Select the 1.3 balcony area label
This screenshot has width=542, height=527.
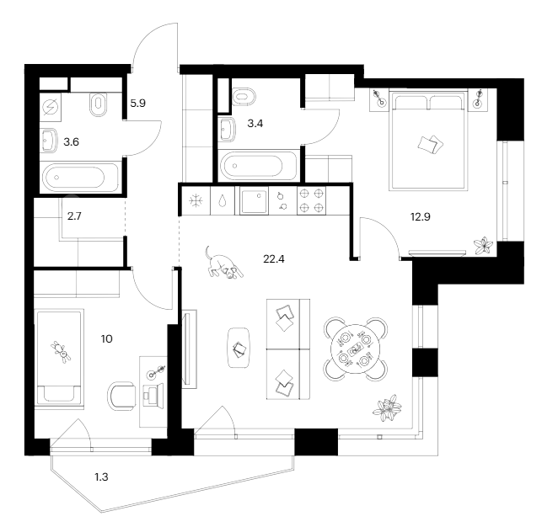101,477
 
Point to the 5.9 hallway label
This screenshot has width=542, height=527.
138,104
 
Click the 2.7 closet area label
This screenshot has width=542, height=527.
75,216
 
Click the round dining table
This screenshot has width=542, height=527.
354,347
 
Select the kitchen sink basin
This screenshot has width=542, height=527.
254,202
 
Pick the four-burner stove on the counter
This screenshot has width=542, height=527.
313,202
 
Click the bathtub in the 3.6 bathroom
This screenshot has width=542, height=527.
73,177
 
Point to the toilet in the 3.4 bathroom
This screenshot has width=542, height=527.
243,95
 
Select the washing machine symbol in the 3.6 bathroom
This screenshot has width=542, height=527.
51,107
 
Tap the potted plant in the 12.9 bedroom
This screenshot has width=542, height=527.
483,245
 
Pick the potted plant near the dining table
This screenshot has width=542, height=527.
389,409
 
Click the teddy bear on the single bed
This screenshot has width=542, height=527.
60,351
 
